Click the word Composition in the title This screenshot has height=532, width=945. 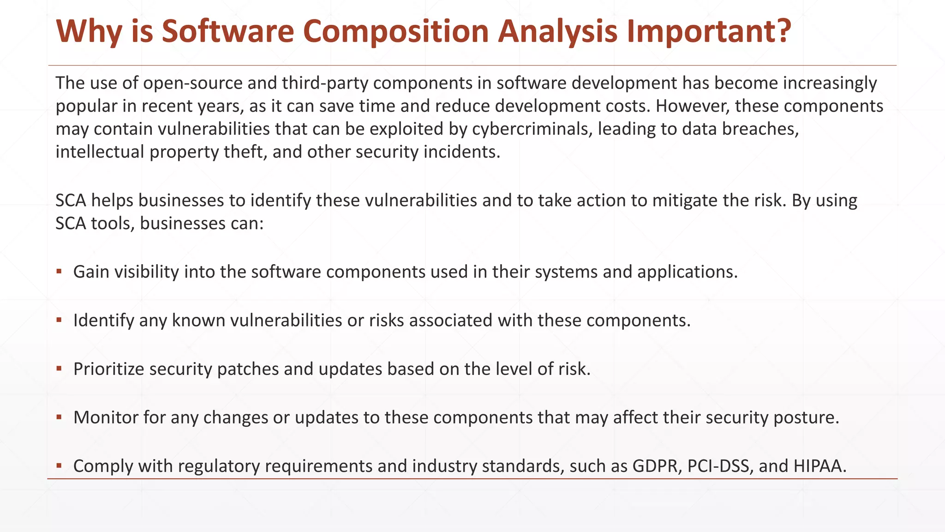click(396, 31)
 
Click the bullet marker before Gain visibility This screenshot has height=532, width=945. click(59, 271)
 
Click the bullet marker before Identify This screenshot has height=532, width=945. click(59, 320)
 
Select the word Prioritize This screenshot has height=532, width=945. click(109, 369)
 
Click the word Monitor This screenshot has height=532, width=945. click(106, 417)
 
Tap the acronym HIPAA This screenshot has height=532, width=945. click(820, 466)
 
